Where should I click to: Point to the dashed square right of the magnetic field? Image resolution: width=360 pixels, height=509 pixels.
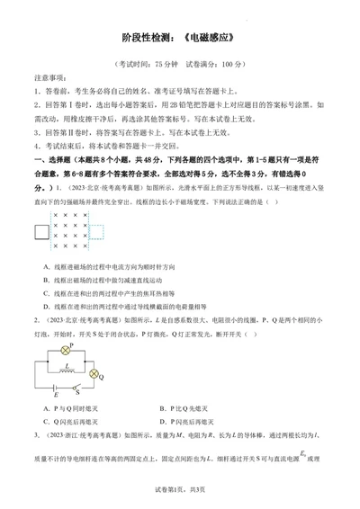[x=98, y=232]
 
